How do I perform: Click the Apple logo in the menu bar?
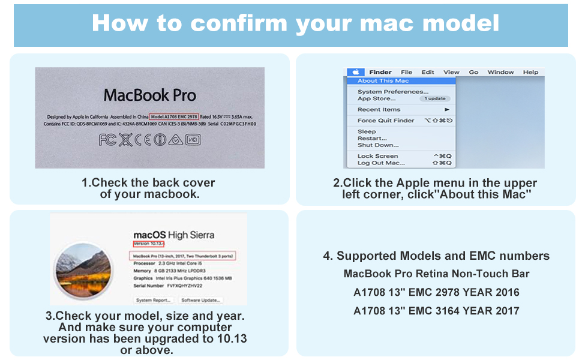point(355,73)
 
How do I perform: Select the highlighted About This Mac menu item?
point(383,80)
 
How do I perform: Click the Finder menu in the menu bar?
point(380,73)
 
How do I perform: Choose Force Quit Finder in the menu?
point(386,121)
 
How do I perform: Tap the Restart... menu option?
point(372,138)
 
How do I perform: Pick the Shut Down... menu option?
point(378,145)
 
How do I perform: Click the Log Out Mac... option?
point(381,163)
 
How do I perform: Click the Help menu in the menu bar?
point(530,73)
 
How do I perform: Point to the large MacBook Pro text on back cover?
point(149,95)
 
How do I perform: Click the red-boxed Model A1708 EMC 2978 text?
point(174,116)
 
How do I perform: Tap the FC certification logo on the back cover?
point(108,140)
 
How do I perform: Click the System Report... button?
point(153,300)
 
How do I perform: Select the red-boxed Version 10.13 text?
point(148,244)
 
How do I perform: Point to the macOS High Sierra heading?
point(173,235)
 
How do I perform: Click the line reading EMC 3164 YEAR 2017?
point(436,311)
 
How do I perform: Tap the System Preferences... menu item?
point(393,92)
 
